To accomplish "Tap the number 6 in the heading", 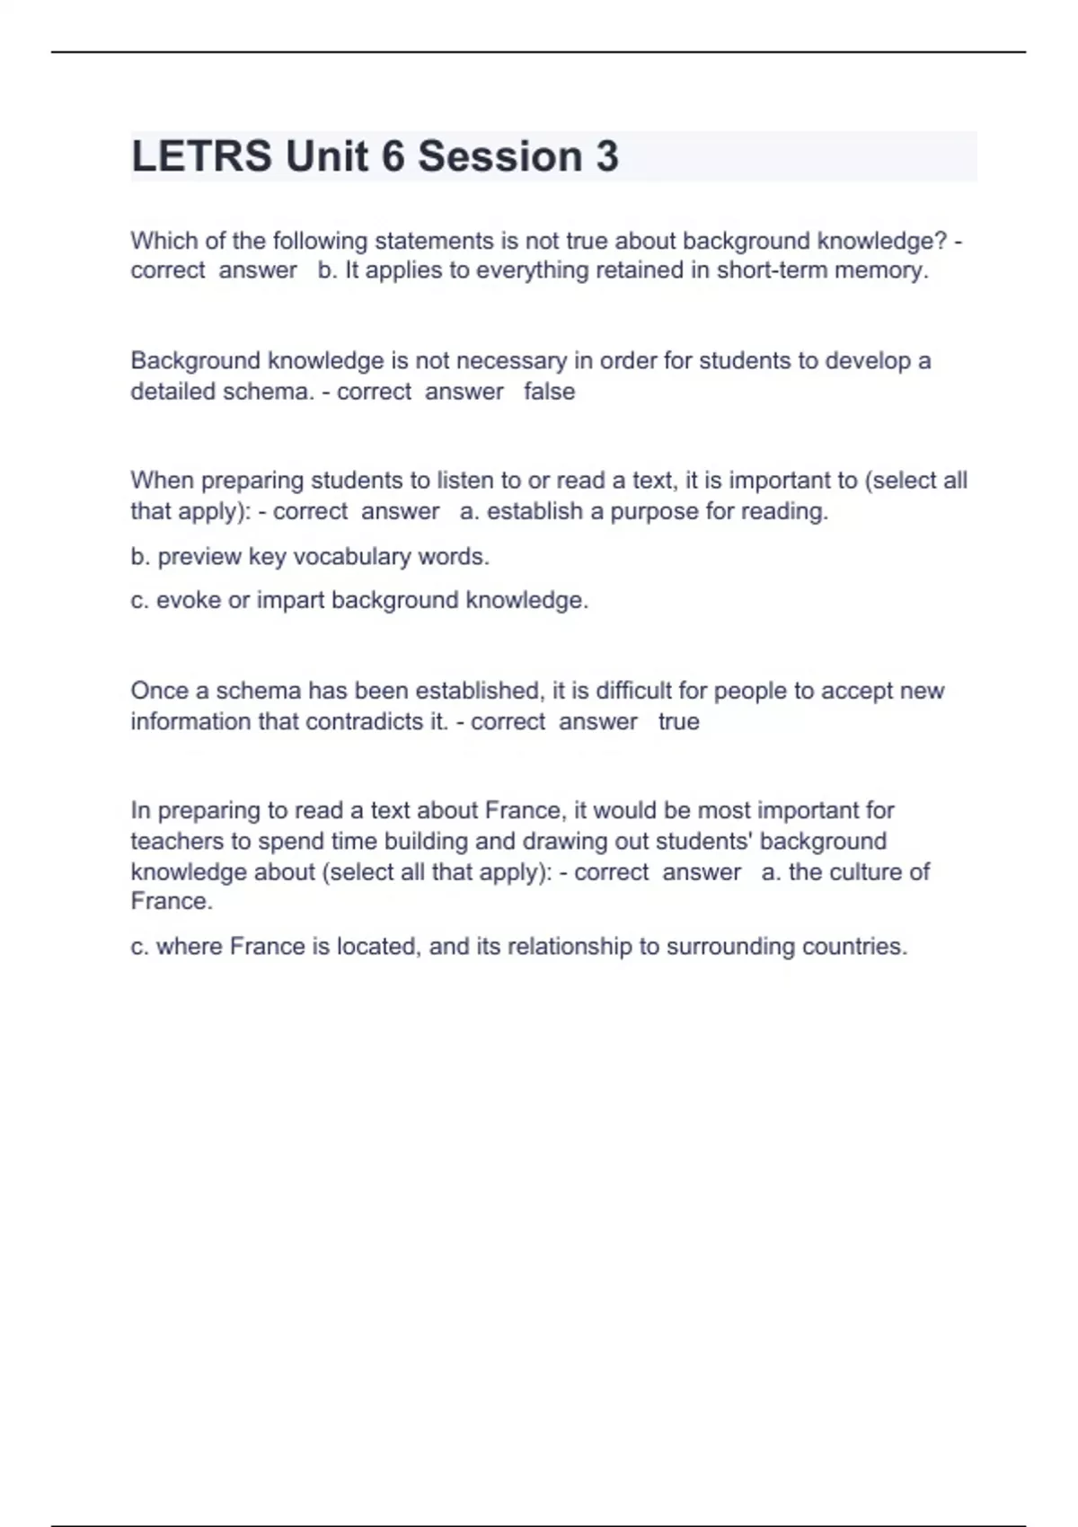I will [x=393, y=156].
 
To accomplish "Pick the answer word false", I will [x=549, y=392].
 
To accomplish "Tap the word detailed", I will [x=170, y=392].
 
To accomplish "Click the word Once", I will [x=158, y=691].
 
